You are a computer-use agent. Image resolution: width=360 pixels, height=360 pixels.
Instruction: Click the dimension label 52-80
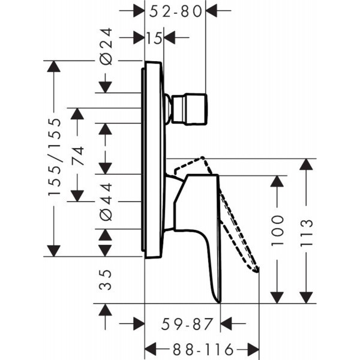(x=176, y=10)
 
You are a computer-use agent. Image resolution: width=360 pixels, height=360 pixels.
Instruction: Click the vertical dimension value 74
(x=77, y=155)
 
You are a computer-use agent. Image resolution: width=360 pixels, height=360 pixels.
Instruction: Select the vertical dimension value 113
(x=307, y=230)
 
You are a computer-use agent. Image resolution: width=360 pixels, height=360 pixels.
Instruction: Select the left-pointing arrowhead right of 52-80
(x=214, y=10)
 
